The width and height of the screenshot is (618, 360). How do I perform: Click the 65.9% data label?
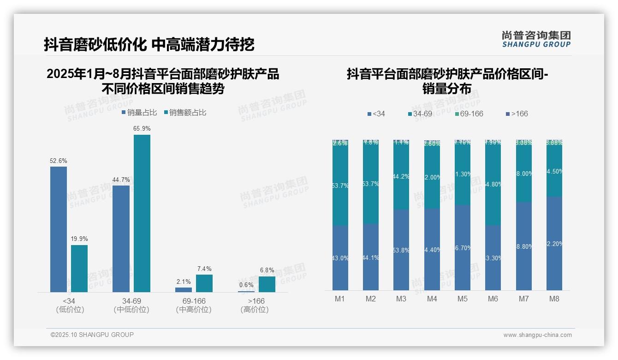click(x=142, y=129)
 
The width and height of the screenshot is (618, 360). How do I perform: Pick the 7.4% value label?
click(x=204, y=269)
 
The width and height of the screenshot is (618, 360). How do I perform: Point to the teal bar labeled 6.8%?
click(x=267, y=284)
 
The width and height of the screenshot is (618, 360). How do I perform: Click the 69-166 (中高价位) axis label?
click(x=194, y=305)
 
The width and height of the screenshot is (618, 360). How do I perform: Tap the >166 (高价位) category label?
click(x=255, y=305)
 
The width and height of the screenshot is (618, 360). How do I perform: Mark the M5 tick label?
click(x=463, y=299)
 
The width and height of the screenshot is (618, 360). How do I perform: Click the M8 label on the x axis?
click(x=554, y=299)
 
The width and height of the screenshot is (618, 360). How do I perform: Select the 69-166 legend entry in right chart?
click(x=469, y=114)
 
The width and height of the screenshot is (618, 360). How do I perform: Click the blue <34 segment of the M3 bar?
click(x=401, y=250)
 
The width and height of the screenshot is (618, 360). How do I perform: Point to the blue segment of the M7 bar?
click(x=523, y=246)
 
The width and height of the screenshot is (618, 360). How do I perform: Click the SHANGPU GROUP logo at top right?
click(x=536, y=39)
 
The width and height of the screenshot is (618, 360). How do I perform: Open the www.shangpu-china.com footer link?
click(x=537, y=335)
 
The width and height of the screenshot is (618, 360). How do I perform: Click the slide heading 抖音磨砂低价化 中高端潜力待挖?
click(x=149, y=44)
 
